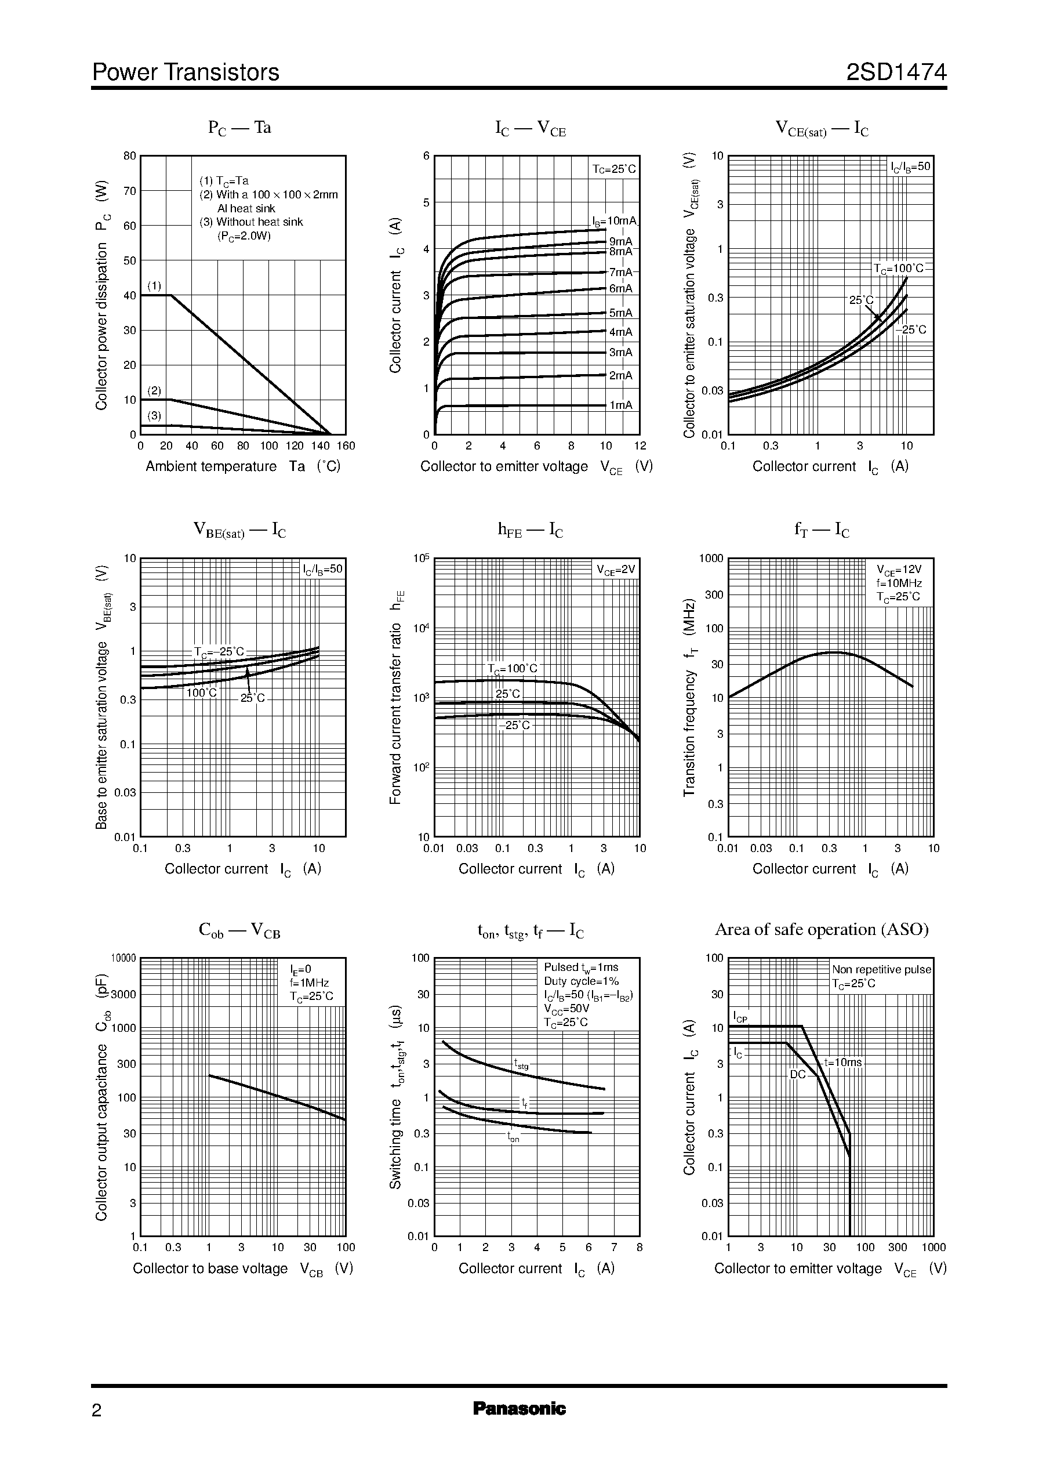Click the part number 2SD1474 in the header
tap(896, 73)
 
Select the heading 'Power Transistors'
tap(186, 73)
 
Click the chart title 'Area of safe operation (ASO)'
tap(822, 929)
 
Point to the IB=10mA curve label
tap(615, 221)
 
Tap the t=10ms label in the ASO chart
tap(842, 1062)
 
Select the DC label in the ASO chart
tap(797, 1074)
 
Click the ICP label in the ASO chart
tap(740, 1016)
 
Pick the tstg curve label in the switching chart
tap(522, 1064)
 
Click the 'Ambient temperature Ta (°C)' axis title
tap(243, 466)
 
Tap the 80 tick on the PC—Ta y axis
tap(130, 156)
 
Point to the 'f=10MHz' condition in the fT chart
tap(899, 583)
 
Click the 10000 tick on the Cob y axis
tap(124, 958)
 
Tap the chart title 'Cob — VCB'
tap(239, 930)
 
